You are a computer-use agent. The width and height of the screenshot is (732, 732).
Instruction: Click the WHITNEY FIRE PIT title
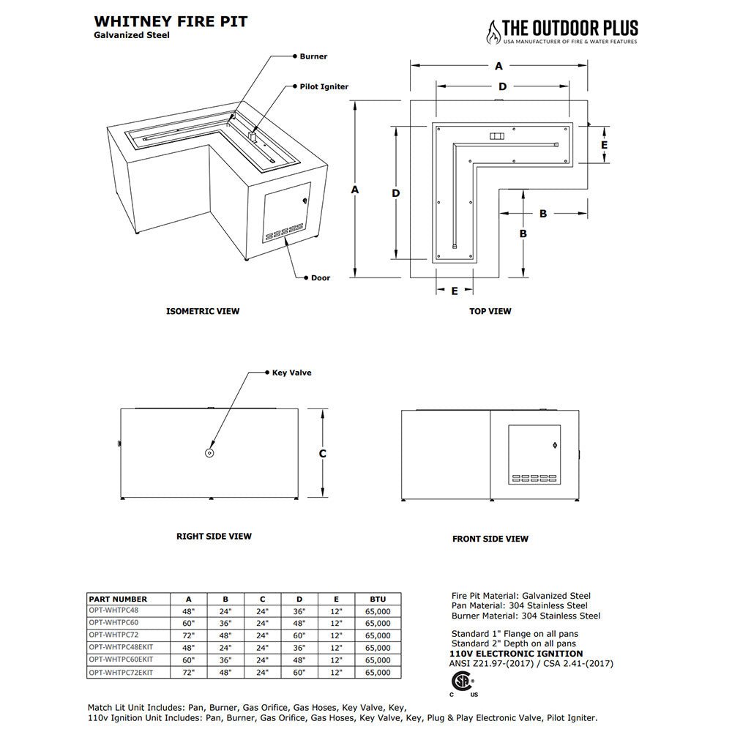click(x=171, y=21)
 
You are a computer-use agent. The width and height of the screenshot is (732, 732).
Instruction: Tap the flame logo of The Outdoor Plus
click(x=495, y=31)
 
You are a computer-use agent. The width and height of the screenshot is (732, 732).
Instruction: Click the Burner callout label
click(x=313, y=56)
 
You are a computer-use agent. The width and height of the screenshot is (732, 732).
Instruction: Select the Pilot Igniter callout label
click(x=324, y=86)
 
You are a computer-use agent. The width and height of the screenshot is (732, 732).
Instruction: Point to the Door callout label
click(x=320, y=277)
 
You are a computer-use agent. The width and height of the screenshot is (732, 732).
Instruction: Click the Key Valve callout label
click(x=291, y=373)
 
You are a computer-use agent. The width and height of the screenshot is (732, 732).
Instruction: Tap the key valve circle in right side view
click(x=209, y=453)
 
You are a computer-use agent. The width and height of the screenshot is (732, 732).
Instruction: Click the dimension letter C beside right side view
click(x=322, y=454)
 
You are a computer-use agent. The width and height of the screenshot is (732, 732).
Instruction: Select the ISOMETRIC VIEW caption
click(x=203, y=311)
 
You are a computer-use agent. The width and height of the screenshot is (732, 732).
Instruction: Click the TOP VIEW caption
click(x=490, y=311)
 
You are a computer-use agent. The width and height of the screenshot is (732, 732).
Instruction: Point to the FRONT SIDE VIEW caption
click(x=490, y=539)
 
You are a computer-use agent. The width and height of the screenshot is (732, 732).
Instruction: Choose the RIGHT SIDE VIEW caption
click(x=214, y=537)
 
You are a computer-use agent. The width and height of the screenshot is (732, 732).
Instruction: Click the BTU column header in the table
click(x=378, y=599)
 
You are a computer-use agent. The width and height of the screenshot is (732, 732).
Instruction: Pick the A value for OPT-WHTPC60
click(x=189, y=623)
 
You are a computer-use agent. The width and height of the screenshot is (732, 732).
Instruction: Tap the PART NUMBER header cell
click(x=118, y=599)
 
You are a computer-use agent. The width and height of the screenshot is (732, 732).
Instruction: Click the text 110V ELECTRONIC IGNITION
click(x=515, y=654)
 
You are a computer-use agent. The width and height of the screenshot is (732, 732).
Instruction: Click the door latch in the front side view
click(x=553, y=444)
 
